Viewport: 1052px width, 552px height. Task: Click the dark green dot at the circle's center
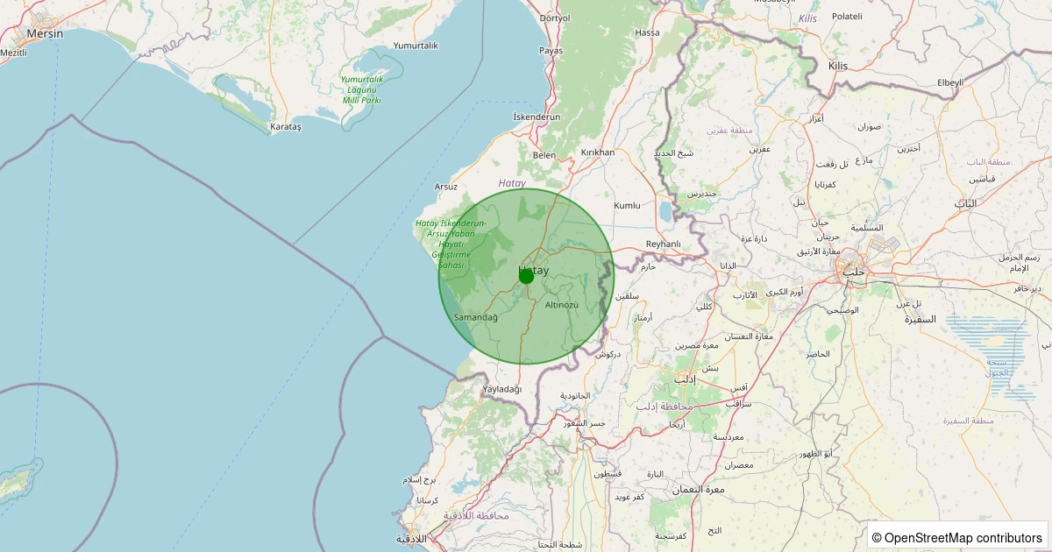click(x=526, y=276)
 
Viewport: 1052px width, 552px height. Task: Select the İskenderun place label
click(x=537, y=117)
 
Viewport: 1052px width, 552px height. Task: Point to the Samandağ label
click(x=476, y=317)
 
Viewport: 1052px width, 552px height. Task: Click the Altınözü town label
click(x=562, y=304)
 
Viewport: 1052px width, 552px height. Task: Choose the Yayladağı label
click(x=502, y=389)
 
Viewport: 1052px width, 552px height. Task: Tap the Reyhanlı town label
click(x=663, y=244)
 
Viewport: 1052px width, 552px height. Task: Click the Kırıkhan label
click(x=598, y=152)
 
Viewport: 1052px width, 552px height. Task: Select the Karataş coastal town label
click(x=286, y=127)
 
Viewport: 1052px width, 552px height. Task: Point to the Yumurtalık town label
click(x=416, y=46)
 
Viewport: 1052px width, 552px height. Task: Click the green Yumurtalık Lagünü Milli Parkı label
click(x=361, y=89)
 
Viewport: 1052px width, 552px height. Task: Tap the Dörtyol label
click(x=554, y=18)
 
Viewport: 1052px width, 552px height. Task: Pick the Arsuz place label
click(x=446, y=187)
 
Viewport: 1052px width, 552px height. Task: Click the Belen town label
click(x=544, y=155)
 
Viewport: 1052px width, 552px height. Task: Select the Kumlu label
click(x=628, y=205)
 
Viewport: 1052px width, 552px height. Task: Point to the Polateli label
click(x=847, y=17)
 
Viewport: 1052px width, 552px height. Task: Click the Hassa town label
click(x=647, y=32)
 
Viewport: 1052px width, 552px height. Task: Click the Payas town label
click(x=551, y=51)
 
